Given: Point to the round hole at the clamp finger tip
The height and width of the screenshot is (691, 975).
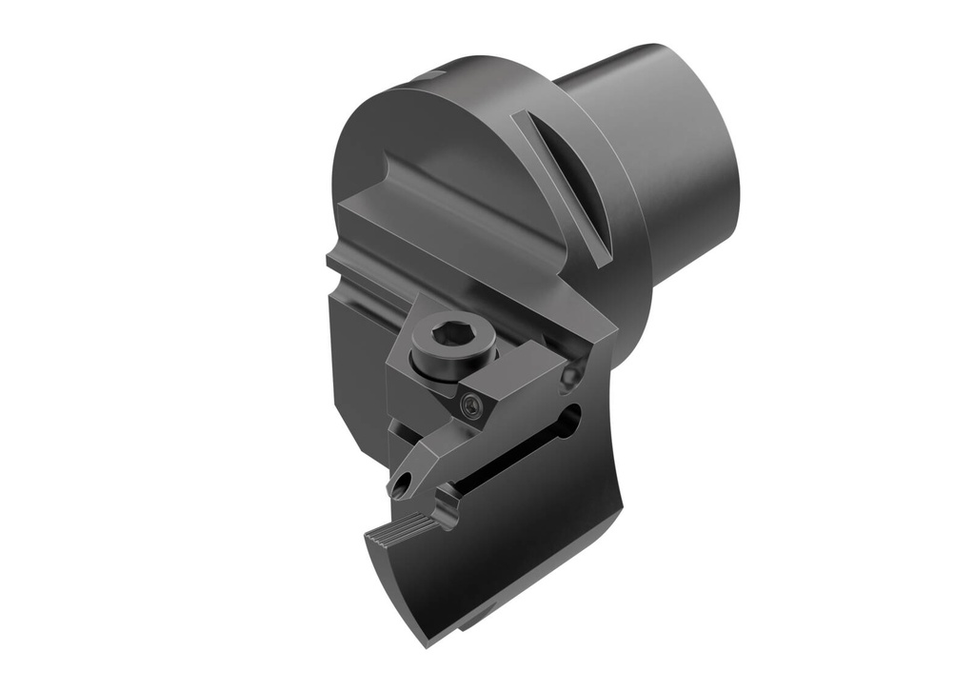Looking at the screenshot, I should pos(399,484).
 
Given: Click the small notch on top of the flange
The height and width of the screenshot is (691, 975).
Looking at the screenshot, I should pos(433,74).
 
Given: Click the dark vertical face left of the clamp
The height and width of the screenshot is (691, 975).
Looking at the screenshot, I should pos(357,357).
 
